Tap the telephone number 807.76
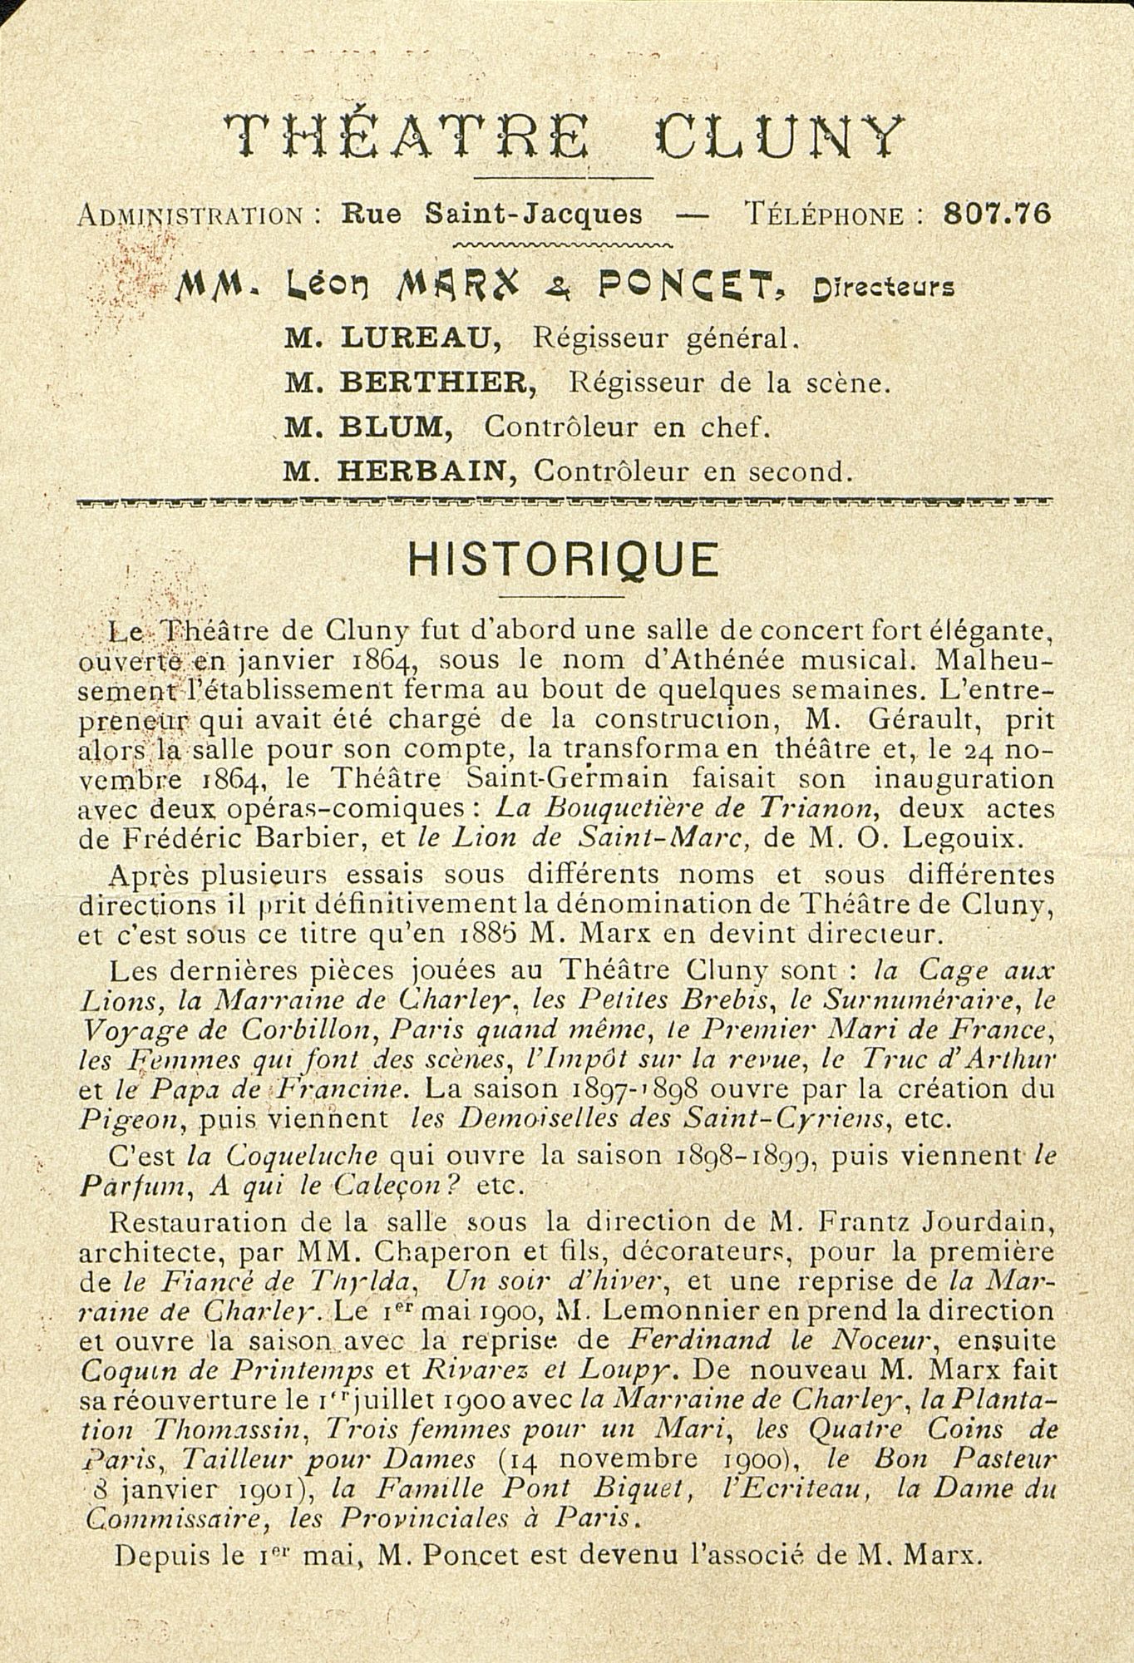click(x=998, y=214)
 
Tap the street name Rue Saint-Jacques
click(x=492, y=214)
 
